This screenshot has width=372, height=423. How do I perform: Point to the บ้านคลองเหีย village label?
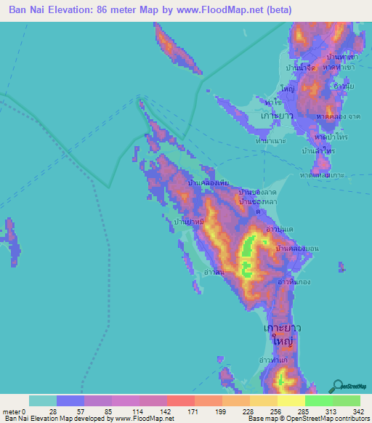coord(210,184)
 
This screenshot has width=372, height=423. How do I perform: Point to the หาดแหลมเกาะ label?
coord(321,175)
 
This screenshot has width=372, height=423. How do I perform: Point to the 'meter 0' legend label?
coord(14,412)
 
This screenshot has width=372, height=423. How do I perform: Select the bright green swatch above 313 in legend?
coord(318,400)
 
